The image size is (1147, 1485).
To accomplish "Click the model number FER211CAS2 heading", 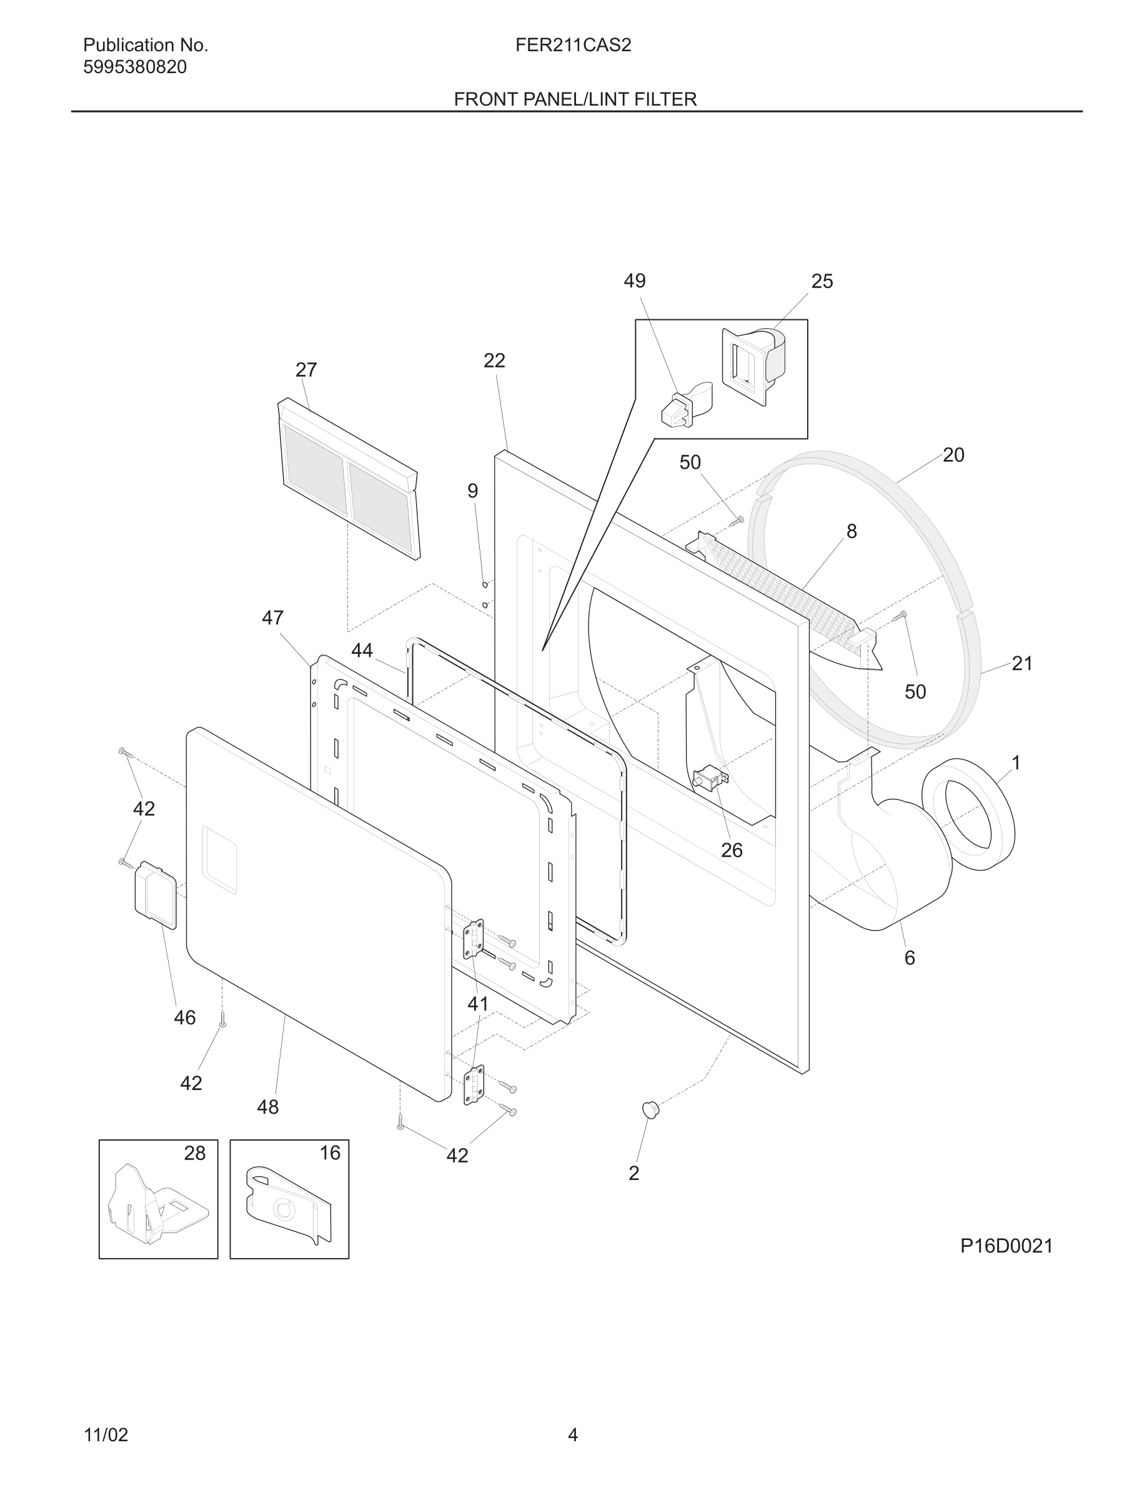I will point(573,46).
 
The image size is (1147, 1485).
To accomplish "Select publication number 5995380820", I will point(134,67).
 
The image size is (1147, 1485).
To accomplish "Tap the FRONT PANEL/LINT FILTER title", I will point(575,99).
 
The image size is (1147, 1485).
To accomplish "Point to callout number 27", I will point(305,370).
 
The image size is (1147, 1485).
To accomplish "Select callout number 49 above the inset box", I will point(635,281).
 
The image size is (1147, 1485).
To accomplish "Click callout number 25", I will point(822,281).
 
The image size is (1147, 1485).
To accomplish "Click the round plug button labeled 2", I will point(650,1109).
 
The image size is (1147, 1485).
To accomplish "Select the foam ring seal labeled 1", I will point(968,814).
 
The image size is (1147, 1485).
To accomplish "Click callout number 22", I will point(494,361).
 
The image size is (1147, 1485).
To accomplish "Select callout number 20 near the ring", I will point(953,455).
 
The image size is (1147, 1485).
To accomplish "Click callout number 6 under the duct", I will point(909,958).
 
